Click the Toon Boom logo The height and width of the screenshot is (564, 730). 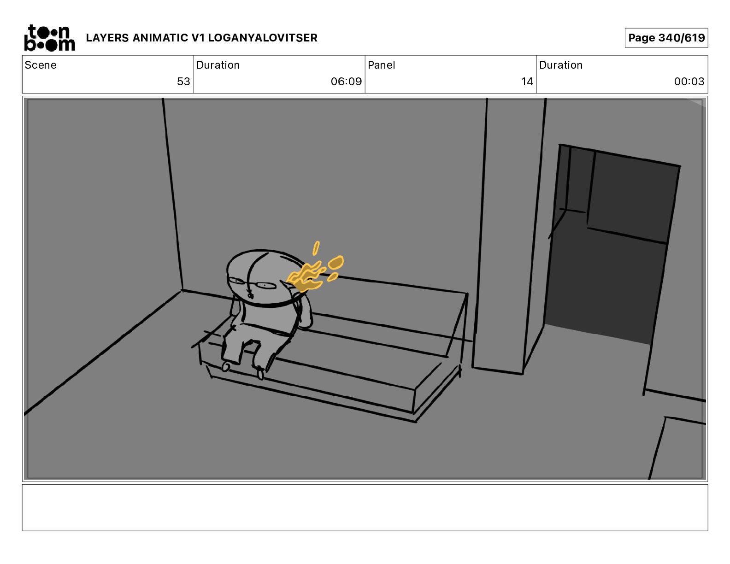tap(50, 38)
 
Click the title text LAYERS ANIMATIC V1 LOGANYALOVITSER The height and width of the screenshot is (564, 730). tap(201, 38)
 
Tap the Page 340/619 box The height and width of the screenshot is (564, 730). tap(666, 38)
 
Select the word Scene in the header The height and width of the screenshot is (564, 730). tap(41, 65)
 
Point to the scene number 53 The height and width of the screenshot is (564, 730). tap(183, 81)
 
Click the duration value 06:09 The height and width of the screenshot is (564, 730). tap(347, 81)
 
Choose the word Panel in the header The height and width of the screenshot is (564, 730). tap(381, 65)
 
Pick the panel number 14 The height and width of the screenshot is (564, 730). tap(527, 81)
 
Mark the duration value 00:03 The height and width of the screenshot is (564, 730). tap(689, 81)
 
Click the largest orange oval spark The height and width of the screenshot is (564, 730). tap(336, 262)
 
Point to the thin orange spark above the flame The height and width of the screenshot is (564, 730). tap(316, 248)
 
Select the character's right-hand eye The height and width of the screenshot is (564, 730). tap(265, 286)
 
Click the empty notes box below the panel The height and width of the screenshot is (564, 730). tap(365, 508)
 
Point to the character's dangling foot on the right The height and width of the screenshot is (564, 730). tap(260, 373)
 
